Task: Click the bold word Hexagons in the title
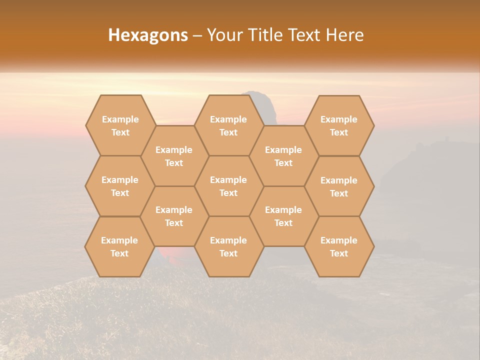[148, 35]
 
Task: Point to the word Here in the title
[344, 35]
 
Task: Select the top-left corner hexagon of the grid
[120, 125]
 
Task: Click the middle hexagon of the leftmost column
[120, 186]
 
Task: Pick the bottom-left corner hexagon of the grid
[119, 246]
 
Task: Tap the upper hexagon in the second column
[174, 156]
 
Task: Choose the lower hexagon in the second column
[174, 216]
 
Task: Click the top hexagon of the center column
[228, 125]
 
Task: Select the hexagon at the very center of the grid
[228, 186]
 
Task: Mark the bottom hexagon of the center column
[228, 246]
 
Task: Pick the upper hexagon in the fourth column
[283, 156]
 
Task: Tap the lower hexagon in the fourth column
[283, 216]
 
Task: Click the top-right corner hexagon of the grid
[339, 125]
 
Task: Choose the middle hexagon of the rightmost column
[339, 186]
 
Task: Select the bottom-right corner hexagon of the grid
[339, 246]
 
